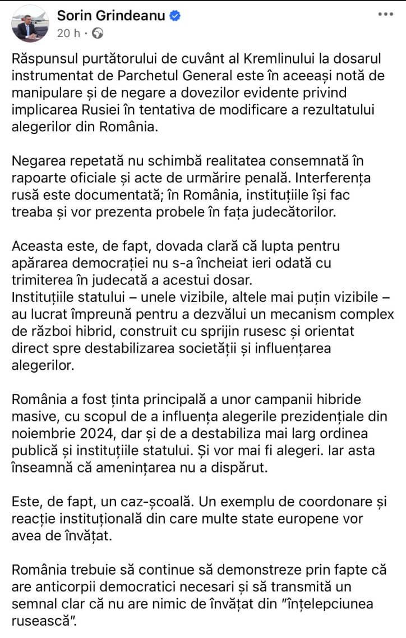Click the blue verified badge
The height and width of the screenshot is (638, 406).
(176, 16)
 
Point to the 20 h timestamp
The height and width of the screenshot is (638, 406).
(68, 33)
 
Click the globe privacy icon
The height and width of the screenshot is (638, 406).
(98, 34)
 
